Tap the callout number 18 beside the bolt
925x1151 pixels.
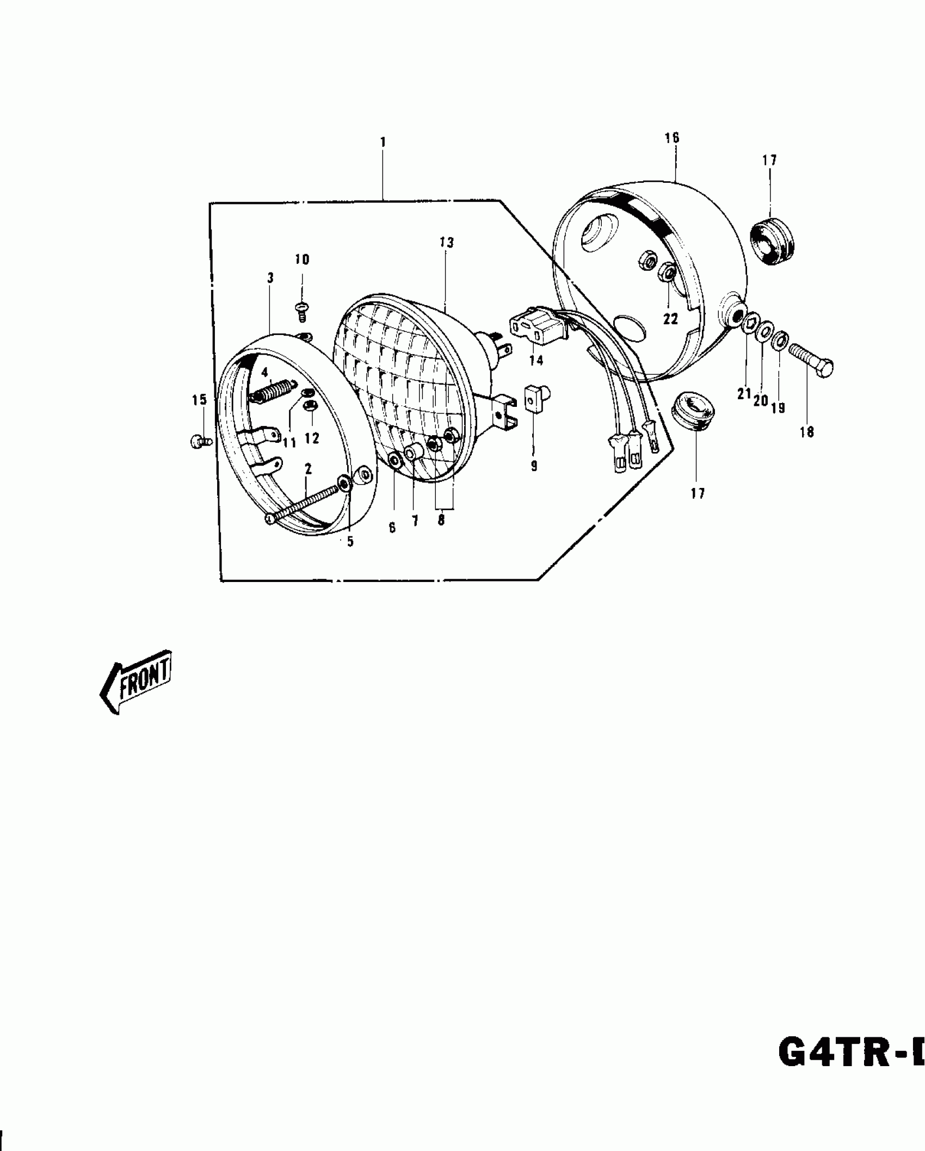[806, 432]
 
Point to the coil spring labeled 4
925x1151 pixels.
[274, 391]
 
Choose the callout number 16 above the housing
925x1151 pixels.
[672, 138]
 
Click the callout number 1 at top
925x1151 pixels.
[383, 143]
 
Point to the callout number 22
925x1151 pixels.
[670, 319]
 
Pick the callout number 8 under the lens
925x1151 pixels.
[441, 520]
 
